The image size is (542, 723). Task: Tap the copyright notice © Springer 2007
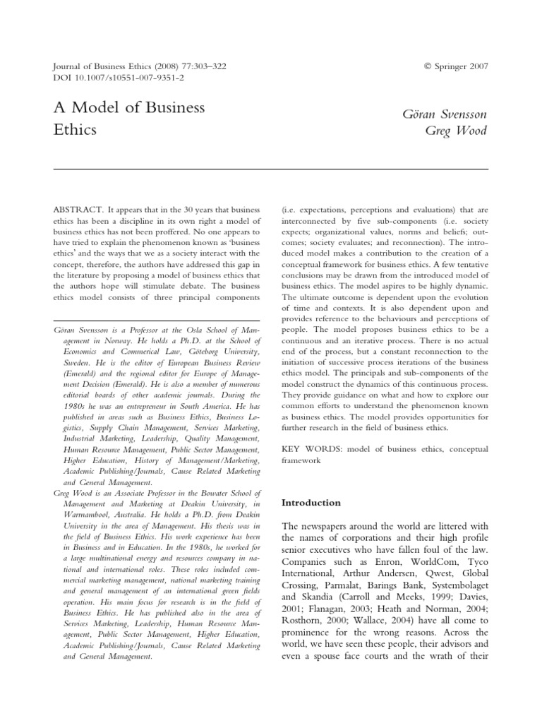(456, 66)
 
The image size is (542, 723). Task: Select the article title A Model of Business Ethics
(128, 119)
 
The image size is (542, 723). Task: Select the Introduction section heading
(311, 503)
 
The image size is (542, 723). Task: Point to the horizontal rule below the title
(271, 169)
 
